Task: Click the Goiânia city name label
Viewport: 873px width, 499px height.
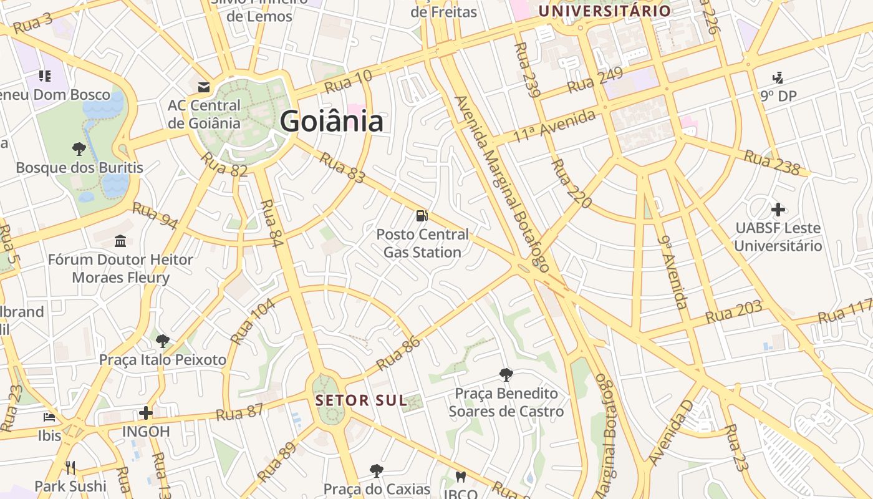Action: click(x=331, y=121)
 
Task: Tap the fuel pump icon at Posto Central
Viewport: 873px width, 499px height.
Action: click(x=422, y=216)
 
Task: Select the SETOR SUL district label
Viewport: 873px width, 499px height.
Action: click(x=361, y=400)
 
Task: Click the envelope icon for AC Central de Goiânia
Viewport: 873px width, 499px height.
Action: click(x=204, y=87)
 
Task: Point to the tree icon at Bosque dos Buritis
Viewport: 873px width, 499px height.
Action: click(x=79, y=149)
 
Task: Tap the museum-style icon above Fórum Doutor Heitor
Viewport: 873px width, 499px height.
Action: click(x=120, y=241)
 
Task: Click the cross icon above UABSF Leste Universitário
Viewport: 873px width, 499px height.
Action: click(x=778, y=210)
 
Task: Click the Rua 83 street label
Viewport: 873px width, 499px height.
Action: click(x=342, y=167)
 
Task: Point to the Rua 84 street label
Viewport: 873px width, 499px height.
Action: click(x=272, y=223)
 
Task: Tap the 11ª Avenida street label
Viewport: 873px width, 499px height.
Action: click(x=554, y=126)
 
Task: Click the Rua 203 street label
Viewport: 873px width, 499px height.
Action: click(x=734, y=311)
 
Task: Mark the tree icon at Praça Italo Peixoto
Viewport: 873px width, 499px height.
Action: click(x=163, y=341)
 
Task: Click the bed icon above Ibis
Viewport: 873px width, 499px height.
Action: click(x=49, y=417)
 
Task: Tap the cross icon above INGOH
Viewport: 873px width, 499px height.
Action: click(x=145, y=413)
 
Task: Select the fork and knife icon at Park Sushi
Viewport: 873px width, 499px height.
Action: click(x=70, y=468)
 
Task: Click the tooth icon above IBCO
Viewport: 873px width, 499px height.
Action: click(x=461, y=477)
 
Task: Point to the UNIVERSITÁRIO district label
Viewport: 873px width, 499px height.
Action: click(x=604, y=11)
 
